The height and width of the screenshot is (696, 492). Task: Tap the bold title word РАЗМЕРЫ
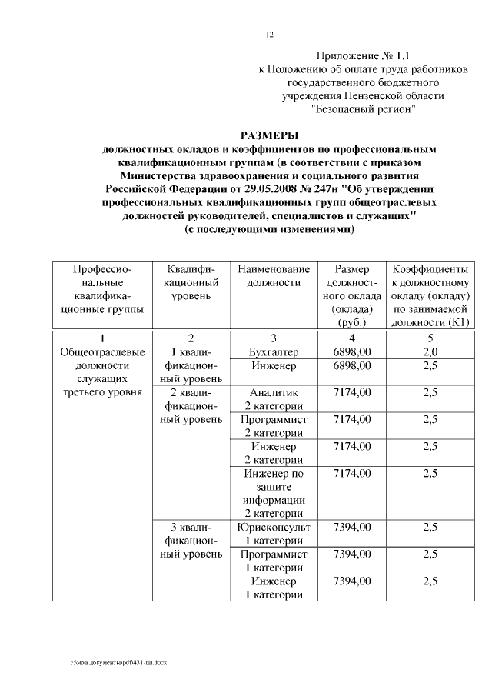pyautogui.click(x=269, y=135)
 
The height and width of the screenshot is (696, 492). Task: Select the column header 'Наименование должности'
pyautogui.click(x=274, y=276)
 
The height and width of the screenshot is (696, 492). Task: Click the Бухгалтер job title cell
pyautogui.click(x=274, y=351)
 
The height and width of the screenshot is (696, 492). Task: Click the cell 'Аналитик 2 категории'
pyautogui.click(x=274, y=399)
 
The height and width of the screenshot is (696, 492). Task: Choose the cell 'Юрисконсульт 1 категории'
pyautogui.click(x=274, y=534)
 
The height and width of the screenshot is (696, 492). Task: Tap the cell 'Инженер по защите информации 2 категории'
pyautogui.click(x=274, y=494)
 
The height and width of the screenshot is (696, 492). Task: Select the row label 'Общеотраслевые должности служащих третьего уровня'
pyautogui.click(x=102, y=372)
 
